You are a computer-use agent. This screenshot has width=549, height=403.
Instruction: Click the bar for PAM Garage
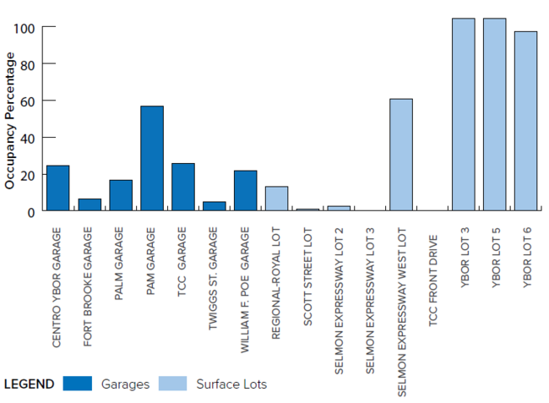pos(152,158)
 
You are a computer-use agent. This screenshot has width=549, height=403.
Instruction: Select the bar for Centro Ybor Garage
pos(57,188)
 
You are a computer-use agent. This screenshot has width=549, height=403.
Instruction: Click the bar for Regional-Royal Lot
pos(276,199)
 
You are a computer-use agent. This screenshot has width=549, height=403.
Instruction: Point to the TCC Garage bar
pos(183,187)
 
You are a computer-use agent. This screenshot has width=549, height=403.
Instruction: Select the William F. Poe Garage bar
pos(245,190)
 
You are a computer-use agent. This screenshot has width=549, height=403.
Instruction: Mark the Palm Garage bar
pos(121,195)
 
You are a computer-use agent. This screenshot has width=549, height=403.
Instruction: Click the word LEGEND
pos(29,384)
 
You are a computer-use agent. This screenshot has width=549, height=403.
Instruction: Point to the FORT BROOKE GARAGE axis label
pos(89,287)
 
